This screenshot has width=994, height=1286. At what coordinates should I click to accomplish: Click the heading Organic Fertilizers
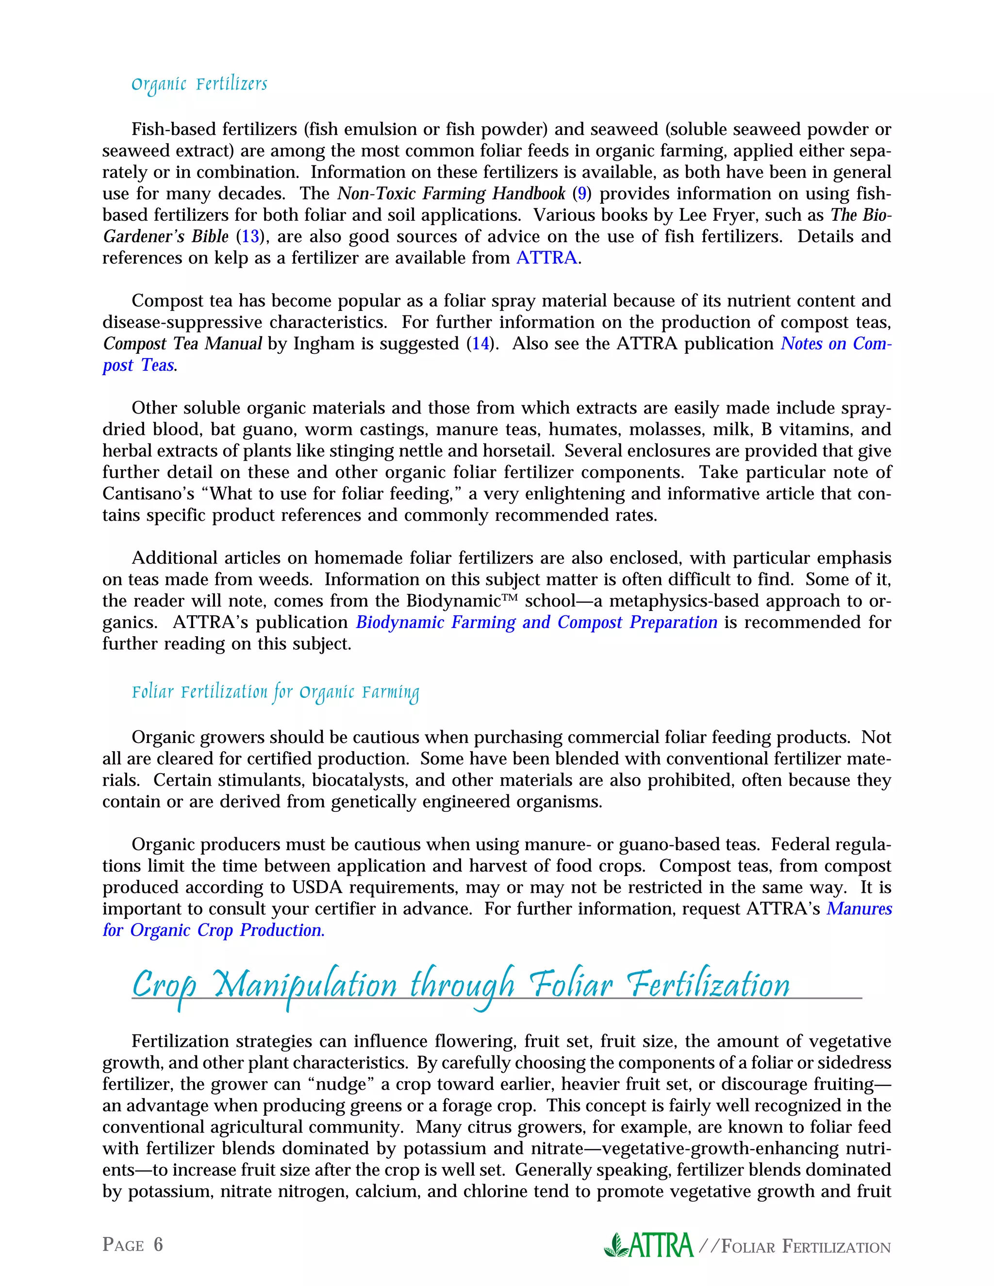tap(199, 84)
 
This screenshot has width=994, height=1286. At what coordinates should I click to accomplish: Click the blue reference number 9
tap(582, 194)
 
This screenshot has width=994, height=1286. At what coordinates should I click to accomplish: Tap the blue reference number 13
tap(250, 237)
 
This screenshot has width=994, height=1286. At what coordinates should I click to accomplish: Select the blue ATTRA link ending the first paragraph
tap(547, 258)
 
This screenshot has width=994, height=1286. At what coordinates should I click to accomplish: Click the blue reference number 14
tap(480, 344)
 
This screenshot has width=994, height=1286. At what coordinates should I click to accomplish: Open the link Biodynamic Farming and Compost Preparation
tap(536, 623)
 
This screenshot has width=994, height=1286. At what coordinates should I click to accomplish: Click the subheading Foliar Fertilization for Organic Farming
tap(275, 692)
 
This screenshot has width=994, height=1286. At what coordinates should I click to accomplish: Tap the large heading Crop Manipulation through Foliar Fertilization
tap(461, 985)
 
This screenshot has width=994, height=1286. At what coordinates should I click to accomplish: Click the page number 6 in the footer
tap(158, 1244)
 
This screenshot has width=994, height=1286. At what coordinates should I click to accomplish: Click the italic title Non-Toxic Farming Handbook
tap(451, 194)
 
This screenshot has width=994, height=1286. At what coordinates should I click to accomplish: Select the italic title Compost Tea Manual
tap(182, 344)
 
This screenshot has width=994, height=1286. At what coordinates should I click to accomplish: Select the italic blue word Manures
tap(859, 909)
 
